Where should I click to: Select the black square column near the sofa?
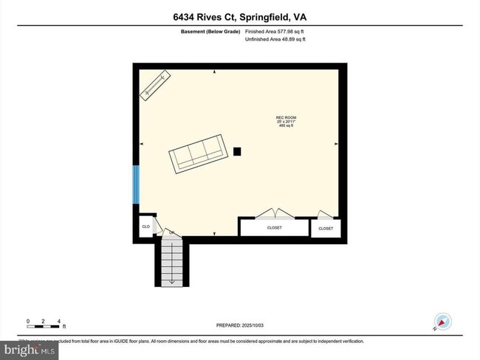[237, 151]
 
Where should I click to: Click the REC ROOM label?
[286, 117]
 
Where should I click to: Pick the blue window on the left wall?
[136, 185]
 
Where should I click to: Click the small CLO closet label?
[145, 226]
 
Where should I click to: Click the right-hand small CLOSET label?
[326, 229]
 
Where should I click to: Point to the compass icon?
[443, 322]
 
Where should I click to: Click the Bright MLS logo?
[28, 349]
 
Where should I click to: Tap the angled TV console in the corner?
[156, 86]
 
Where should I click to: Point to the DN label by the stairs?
[171, 233]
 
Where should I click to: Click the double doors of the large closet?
[274, 215]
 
